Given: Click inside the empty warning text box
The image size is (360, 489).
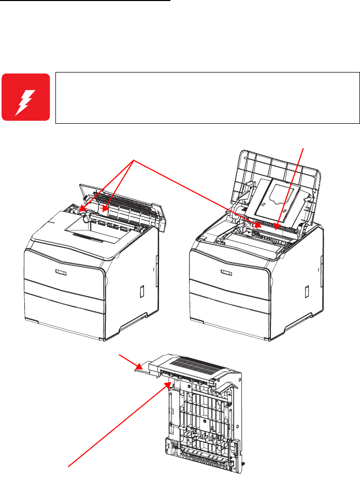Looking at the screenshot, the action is (x=207, y=97).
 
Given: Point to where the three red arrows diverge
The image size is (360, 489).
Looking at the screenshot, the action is (x=135, y=161).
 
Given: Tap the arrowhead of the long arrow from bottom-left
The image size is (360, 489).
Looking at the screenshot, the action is (x=169, y=384).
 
